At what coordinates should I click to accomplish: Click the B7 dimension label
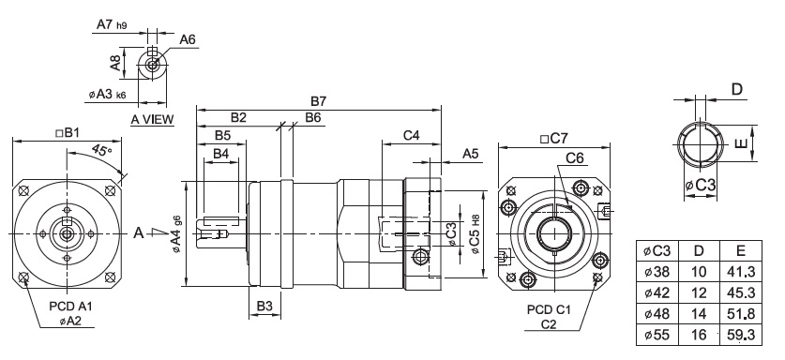pos(318,101)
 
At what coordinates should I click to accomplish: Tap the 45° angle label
pos(102,150)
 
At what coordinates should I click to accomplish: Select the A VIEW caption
pos(152,119)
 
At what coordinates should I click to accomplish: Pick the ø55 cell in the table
pos(657,334)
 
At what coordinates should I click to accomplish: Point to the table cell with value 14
pos(699,313)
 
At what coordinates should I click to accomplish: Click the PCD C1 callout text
pos(549,310)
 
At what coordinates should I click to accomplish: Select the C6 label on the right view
pos(575,158)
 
